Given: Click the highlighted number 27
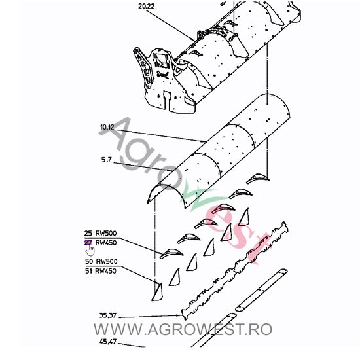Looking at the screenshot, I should (x=88, y=242).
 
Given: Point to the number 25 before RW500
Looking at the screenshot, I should (x=88, y=234).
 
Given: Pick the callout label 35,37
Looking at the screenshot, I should (x=109, y=315).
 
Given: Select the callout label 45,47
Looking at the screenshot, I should (x=109, y=341).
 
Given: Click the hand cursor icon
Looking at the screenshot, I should (x=90, y=248).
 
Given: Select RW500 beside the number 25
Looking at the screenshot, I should (x=108, y=234).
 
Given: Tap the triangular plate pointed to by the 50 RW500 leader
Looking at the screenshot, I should (x=157, y=291).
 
